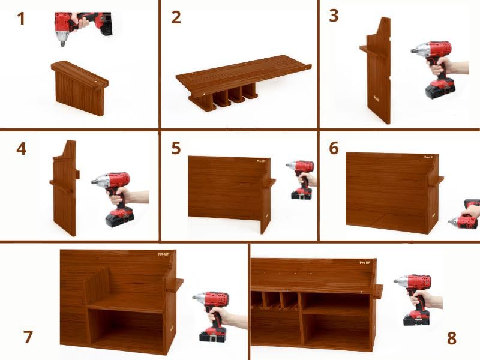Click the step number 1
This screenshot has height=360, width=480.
coord(21,19)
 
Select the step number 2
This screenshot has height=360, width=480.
coord(176,17)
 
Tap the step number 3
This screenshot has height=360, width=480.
coord(334,16)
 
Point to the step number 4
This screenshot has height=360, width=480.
coord(21,148)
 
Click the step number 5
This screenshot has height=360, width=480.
coord(176,148)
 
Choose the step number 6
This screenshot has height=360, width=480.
coord(334,148)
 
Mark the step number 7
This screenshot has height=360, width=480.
coord(28,337)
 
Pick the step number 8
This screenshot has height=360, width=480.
coord(452,338)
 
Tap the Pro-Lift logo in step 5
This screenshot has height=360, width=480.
coord(261,161)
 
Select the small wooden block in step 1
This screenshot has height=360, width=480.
coord(80,87)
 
